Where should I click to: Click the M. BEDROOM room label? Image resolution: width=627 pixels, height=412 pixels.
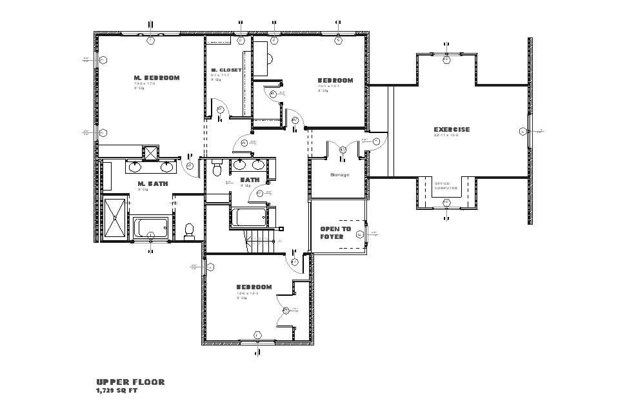pyautogui.click(x=157, y=78)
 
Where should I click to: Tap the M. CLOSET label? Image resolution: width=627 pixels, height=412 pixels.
pyautogui.click(x=226, y=70)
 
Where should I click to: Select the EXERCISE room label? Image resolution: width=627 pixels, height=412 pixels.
pyautogui.click(x=452, y=130)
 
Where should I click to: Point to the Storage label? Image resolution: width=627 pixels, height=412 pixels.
pyautogui.click(x=340, y=175)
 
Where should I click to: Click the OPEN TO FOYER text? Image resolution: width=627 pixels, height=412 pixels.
pyautogui.click(x=336, y=232)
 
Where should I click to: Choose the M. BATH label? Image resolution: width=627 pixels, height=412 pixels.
pyautogui.click(x=153, y=184)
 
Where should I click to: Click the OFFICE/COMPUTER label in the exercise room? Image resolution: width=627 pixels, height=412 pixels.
pyautogui.click(x=446, y=186)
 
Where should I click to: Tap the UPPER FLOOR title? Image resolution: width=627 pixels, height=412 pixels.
pyautogui.click(x=131, y=382)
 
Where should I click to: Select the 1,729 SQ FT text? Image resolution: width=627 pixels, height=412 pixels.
pyautogui.click(x=117, y=391)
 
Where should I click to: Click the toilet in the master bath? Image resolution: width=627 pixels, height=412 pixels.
pyautogui.click(x=190, y=231)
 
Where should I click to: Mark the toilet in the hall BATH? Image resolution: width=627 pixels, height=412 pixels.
pyautogui.click(x=217, y=169)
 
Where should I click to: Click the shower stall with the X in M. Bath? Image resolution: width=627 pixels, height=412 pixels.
pyautogui.click(x=116, y=218)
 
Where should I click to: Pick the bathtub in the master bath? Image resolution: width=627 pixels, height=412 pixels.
pyautogui.click(x=150, y=228)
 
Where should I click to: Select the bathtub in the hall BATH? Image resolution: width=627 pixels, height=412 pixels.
pyautogui.click(x=250, y=218)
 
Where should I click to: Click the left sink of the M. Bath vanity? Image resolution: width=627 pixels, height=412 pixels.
pyautogui.click(x=136, y=167)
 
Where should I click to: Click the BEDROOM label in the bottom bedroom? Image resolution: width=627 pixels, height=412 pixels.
pyautogui.click(x=254, y=287)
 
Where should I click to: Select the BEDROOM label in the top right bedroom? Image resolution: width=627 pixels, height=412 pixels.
pyautogui.click(x=335, y=81)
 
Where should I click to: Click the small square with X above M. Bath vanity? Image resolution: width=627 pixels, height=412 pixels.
pyautogui.click(x=150, y=153)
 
